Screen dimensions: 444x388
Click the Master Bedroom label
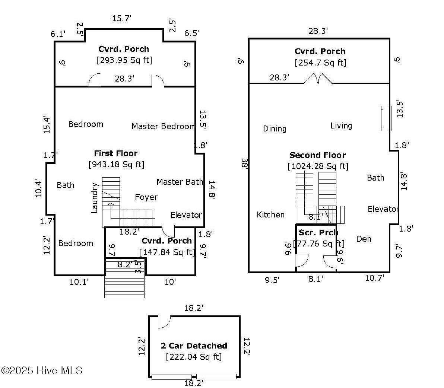[x=164, y=126]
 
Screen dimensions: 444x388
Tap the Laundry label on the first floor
[x=94, y=198]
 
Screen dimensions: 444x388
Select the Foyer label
[x=146, y=197]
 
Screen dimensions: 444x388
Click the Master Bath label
[x=180, y=182]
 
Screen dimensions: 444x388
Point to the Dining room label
[x=275, y=129]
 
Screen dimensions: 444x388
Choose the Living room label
[x=341, y=125]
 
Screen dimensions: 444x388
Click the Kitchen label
[x=270, y=214]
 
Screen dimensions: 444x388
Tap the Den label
[x=364, y=239]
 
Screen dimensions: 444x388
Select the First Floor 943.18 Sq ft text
[x=116, y=159]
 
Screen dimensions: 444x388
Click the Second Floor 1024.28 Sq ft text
[x=318, y=160]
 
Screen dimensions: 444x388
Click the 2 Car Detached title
[x=194, y=346]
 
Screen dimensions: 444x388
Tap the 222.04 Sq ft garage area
[x=194, y=357]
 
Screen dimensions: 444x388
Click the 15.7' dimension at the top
[x=121, y=18]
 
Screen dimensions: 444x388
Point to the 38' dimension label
[x=244, y=163]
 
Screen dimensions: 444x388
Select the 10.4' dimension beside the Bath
[x=38, y=188]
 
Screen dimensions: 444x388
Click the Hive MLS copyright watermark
[x=42, y=370]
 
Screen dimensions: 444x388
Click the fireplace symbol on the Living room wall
[x=386, y=118]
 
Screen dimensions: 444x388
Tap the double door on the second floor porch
[x=318, y=79]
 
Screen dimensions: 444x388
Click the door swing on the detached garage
[x=164, y=322]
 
